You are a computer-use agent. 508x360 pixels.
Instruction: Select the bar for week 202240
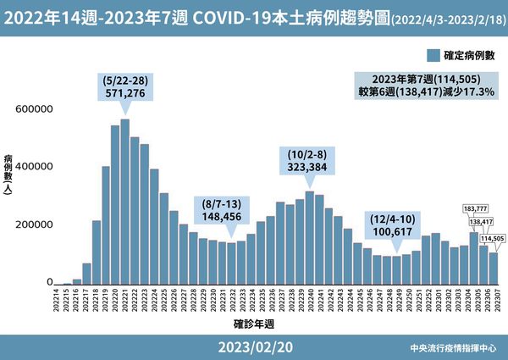coord(310,238)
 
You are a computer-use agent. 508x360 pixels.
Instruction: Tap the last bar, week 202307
coord(494,268)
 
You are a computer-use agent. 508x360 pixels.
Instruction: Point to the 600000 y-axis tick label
coord(34,109)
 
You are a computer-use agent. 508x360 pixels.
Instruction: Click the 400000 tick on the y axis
coord(34,167)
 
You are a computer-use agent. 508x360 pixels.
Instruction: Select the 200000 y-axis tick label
coord(34,225)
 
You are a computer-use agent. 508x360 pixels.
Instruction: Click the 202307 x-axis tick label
coord(494,301)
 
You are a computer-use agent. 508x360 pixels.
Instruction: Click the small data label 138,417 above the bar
coord(481,222)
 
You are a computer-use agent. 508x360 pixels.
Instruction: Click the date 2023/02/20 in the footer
coord(254,347)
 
